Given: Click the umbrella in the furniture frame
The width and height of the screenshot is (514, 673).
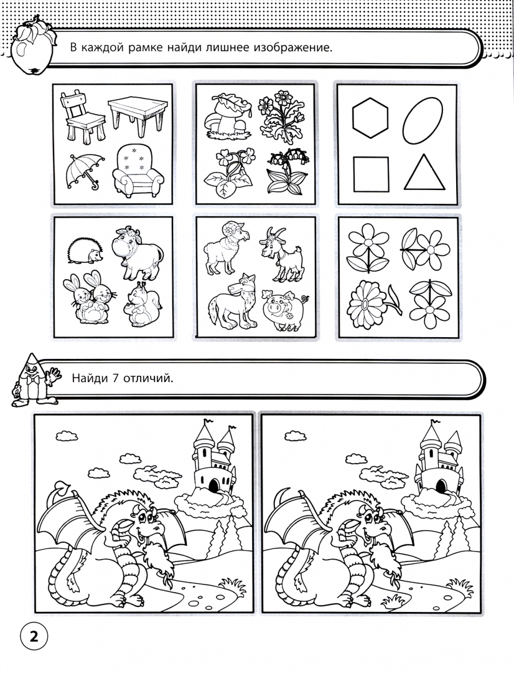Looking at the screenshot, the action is (x=84, y=170).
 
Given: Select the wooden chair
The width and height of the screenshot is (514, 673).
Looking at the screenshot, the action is (x=82, y=116).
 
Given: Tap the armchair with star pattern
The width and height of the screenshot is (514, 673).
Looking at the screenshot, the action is (x=138, y=170).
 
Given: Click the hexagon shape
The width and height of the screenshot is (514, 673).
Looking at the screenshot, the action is (x=370, y=118).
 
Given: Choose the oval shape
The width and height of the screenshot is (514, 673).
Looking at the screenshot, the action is (x=423, y=121).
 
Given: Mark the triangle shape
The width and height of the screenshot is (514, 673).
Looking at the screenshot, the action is (x=424, y=173).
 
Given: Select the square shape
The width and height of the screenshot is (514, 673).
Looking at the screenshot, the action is (x=371, y=174).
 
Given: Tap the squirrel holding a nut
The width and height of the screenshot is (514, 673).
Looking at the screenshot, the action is (x=143, y=304).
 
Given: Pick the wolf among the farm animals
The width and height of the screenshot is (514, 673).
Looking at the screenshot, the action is (x=232, y=302).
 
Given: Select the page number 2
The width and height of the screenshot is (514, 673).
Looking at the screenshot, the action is (x=33, y=636).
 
